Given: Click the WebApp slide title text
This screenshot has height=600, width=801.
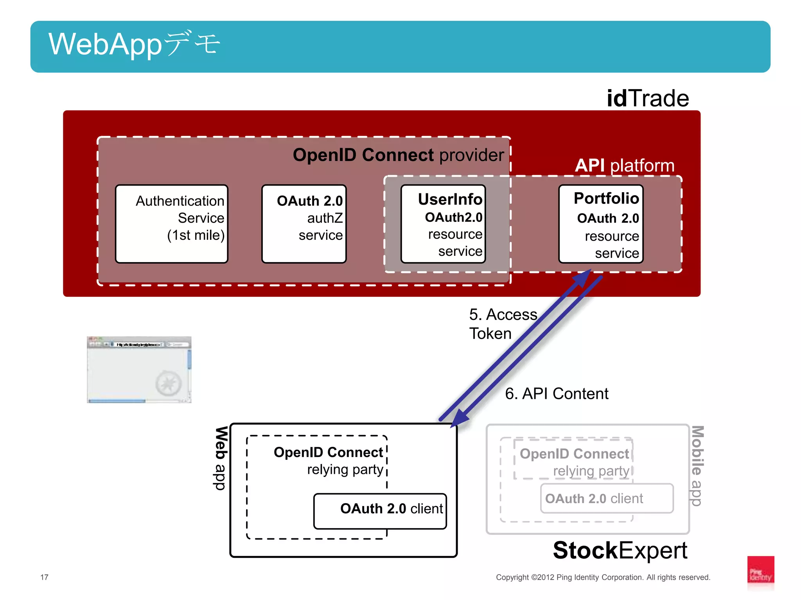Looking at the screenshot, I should pyautogui.click(x=134, y=44).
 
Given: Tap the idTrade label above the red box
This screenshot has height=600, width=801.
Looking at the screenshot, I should pyautogui.click(x=647, y=98).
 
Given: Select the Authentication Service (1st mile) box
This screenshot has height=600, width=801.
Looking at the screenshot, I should pyautogui.click(x=172, y=224).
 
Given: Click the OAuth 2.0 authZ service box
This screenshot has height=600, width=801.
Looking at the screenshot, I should pyautogui.click(x=304, y=224).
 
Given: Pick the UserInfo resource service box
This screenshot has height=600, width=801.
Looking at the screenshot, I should pyautogui.click(x=443, y=224).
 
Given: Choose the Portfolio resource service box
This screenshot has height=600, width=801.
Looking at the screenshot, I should pyautogui.click(x=601, y=224).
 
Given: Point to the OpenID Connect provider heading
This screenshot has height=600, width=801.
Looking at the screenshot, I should pyautogui.click(x=398, y=155).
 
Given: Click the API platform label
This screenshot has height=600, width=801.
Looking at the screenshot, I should pyautogui.click(x=625, y=166).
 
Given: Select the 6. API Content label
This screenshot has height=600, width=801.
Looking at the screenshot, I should pyautogui.click(x=556, y=393).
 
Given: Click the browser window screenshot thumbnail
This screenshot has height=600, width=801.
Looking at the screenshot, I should pyautogui.click(x=139, y=370).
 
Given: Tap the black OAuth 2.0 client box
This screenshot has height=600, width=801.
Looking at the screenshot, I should pyautogui.click(x=380, y=511).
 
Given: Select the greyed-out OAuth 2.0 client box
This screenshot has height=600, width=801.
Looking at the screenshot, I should pyautogui.click(x=607, y=498).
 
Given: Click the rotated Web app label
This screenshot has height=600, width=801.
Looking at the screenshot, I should pyautogui.click(x=221, y=458).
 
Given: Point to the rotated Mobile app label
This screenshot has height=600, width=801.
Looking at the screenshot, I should pyautogui.click(x=697, y=466).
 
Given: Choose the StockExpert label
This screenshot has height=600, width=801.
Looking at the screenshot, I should pyautogui.click(x=620, y=550).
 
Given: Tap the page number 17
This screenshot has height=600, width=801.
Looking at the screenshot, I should pyautogui.click(x=44, y=577).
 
